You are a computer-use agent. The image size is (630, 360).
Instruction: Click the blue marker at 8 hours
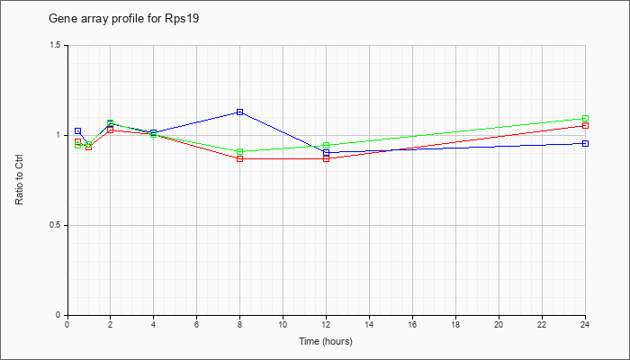[x=240, y=112]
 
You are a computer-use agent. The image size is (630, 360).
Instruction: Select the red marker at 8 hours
[x=240, y=158]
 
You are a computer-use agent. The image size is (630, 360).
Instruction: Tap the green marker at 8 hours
[x=240, y=151]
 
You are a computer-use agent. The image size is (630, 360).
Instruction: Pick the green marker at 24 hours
[x=585, y=118]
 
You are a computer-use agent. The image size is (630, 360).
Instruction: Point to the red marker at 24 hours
[x=585, y=125]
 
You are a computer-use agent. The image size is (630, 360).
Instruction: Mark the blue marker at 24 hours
[x=585, y=143]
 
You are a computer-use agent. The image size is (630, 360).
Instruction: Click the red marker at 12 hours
[x=326, y=158]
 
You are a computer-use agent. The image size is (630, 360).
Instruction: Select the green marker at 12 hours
[x=326, y=145]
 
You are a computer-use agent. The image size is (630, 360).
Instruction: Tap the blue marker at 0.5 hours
[x=78, y=131]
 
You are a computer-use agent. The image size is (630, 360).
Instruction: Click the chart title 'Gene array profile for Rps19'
[x=124, y=19]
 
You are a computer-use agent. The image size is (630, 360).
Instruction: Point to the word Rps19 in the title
[x=182, y=19]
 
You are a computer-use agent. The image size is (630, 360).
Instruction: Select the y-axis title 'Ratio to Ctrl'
[x=19, y=179]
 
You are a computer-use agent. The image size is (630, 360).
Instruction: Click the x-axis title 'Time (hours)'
[x=326, y=341]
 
